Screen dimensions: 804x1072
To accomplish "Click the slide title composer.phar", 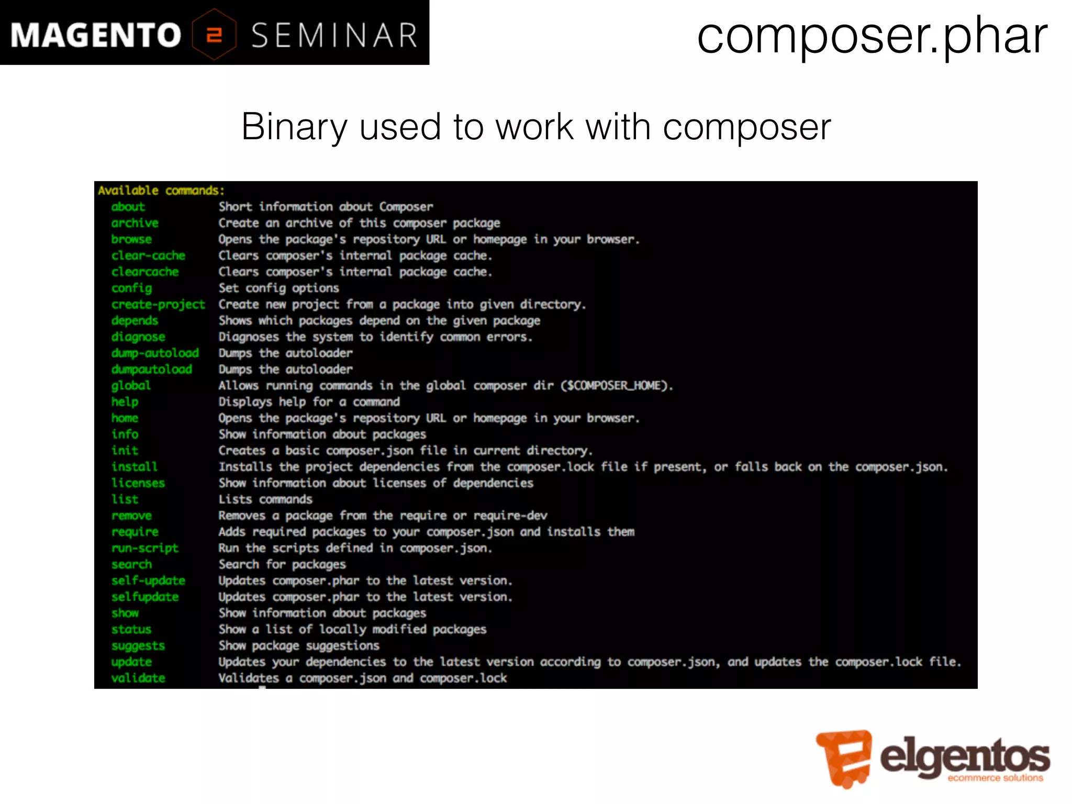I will tap(872, 36).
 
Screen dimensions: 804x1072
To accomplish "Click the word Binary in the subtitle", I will tap(294, 127).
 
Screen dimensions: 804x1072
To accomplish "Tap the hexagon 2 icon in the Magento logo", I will tap(214, 35).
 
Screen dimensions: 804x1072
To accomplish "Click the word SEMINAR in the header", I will tap(334, 36).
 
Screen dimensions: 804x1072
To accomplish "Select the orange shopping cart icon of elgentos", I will tap(844, 757).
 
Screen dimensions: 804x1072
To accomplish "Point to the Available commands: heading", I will tap(161, 191).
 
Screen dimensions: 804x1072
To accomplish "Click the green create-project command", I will tap(158, 305).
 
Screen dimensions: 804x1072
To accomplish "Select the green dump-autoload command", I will tap(155, 353).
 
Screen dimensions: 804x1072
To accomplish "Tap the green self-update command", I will tap(148, 580).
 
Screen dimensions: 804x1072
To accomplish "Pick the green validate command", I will tap(138, 678).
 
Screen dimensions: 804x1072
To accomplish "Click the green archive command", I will tap(135, 223).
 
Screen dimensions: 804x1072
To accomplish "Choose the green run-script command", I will tap(145, 548).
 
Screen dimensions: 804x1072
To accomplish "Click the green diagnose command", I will tap(138, 337).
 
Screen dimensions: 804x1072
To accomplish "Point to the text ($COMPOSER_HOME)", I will tap(617, 386).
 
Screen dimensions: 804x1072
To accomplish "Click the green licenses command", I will tap(138, 483).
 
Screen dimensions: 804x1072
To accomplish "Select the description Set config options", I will tap(278, 288).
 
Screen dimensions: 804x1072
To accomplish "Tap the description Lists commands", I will tap(265, 499).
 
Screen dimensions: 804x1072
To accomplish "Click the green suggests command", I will tap(138, 646).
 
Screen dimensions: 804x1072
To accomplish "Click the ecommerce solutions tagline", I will tap(995, 778).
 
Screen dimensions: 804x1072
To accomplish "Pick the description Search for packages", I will tap(282, 564).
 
